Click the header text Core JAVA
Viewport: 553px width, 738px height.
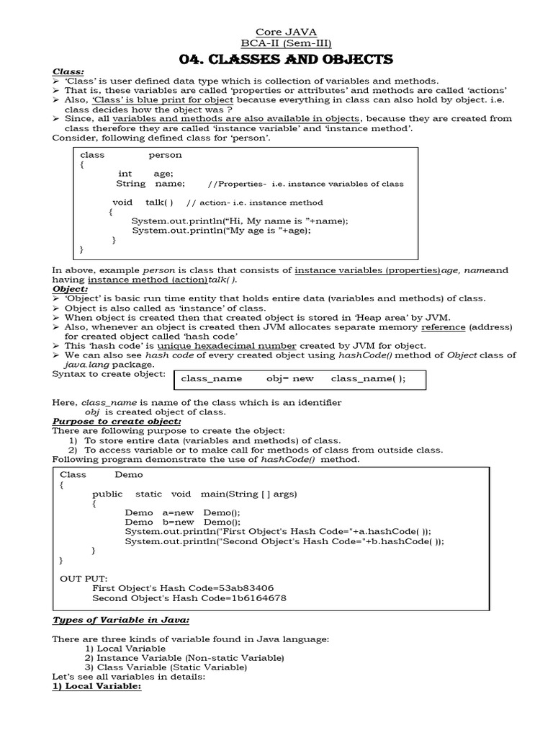pos(287,32)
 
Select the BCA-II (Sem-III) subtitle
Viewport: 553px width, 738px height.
pos(287,43)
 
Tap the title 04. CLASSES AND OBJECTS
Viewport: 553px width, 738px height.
pos(286,59)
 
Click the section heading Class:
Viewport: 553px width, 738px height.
pos(68,72)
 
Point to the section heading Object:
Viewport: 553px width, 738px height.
pos(70,288)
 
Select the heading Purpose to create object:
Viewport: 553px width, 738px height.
pos(117,421)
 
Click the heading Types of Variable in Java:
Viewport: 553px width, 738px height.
pos(121,620)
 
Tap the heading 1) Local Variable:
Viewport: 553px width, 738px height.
pos(96,687)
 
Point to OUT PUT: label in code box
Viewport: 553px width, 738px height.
pos(84,578)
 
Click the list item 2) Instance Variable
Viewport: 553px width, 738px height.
pos(184,658)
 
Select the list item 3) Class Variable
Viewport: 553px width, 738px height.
pos(171,667)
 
